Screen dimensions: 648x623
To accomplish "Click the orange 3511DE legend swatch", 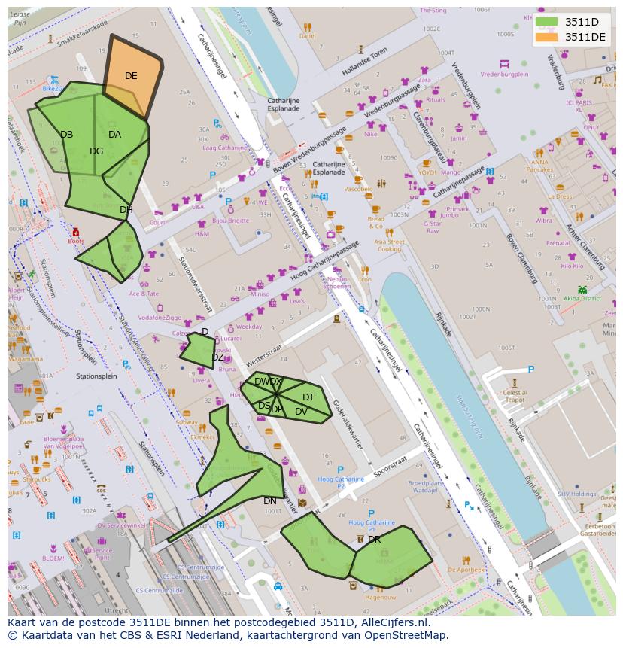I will tap(547, 37).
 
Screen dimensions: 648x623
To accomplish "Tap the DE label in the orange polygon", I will tap(131, 76).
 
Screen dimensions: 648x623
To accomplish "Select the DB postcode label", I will tap(67, 135).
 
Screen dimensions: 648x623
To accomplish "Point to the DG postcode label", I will tap(96, 151).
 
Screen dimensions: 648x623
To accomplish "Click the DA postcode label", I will tap(114, 135).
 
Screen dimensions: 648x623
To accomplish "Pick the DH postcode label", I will tap(126, 210).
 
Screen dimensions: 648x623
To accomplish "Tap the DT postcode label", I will tap(308, 397).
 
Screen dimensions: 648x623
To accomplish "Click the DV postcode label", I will tap(301, 412).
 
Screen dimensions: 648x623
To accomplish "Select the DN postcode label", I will tap(269, 501).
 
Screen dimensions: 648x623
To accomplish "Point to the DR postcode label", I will tap(374, 540).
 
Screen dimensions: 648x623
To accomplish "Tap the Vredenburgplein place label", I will tap(504, 75).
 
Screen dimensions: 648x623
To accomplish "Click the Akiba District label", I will tap(582, 298).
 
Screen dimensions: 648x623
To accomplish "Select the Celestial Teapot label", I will tap(515, 397).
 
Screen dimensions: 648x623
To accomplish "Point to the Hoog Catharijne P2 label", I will tap(341, 482).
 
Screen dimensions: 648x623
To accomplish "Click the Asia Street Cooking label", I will tap(389, 245).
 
